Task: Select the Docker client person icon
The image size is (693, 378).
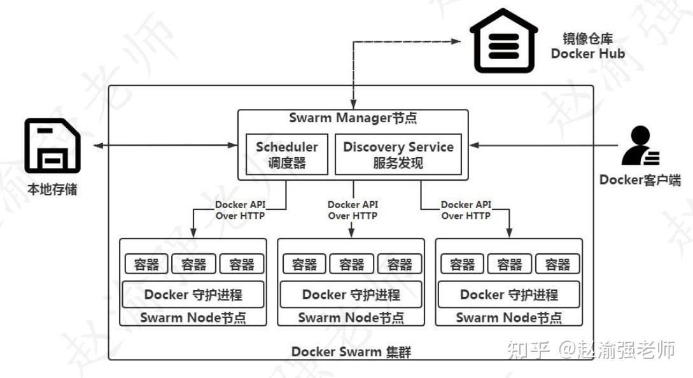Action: point(640,146)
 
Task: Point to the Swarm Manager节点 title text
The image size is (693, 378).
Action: point(353,118)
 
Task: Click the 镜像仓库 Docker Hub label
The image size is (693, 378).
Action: point(588,46)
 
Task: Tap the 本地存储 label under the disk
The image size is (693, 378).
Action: point(52,189)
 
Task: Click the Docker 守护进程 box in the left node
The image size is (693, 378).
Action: point(193,295)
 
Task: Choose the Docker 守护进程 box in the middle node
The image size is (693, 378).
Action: point(351,295)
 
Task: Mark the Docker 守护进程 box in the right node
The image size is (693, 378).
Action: point(508,295)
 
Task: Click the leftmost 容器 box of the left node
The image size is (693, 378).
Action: point(146,264)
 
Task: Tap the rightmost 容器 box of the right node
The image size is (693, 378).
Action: point(557,264)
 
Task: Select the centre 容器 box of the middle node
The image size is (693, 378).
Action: point(351,264)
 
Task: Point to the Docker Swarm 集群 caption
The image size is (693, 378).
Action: point(351,351)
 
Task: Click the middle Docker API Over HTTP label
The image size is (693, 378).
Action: point(353,210)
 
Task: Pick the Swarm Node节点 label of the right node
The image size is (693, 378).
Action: point(508,318)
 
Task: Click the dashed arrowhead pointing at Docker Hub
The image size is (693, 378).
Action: point(456,41)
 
